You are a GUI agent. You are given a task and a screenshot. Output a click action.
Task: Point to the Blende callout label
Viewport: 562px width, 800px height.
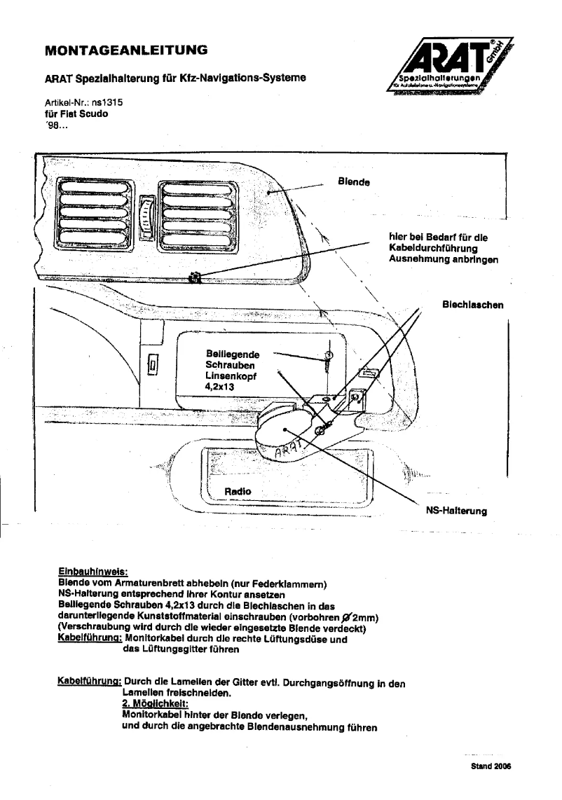pyautogui.click(x=353, y=181)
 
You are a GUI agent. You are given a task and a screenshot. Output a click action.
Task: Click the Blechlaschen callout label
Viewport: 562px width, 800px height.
pyautogui.click(x=473, y=305)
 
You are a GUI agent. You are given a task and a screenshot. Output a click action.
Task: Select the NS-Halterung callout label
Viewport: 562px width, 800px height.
pyautogui.click(x=456, y=511)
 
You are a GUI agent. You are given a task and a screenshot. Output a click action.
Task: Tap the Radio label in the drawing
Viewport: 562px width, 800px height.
pyautogui.click(x=238, y=492)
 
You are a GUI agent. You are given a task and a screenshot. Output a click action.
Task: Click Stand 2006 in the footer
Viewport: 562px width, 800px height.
pyautogui.click(x=491, y=766)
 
